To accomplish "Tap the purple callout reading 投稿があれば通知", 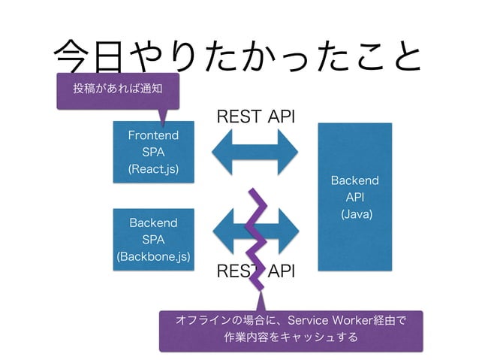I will [x=116, y=89].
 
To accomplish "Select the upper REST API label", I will [x=256, y=116].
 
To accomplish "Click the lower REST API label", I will [x=256, y=271].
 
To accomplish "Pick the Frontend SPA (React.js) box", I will [x=153, y=150].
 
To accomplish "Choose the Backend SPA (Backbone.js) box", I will [x=153, y=240].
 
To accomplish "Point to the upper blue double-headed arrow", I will [x=256, y=150].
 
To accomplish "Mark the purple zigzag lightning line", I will [x=256, y=241].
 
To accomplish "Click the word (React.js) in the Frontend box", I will [x=153, y=167].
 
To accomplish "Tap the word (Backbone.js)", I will [x=153, y=256].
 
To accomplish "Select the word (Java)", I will [x=355, y=215].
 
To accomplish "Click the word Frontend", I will [x=153, y=135].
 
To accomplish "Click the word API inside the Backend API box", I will [x=355, y=198].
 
